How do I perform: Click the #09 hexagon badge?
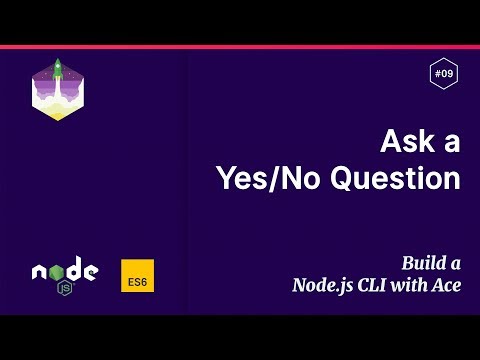(x=443, y=73)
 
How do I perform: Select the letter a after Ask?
(x=451, y=144)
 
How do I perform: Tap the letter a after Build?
(x=455, y=265)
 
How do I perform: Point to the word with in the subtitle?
(x=416, y=284)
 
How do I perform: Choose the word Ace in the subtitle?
(x=447, y=284)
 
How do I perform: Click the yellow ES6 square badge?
(x=137, y=276)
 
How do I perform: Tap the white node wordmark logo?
(x=64, y=271)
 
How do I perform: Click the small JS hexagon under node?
(x=65, y=288)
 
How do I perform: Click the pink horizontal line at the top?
(x=240, y=46)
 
